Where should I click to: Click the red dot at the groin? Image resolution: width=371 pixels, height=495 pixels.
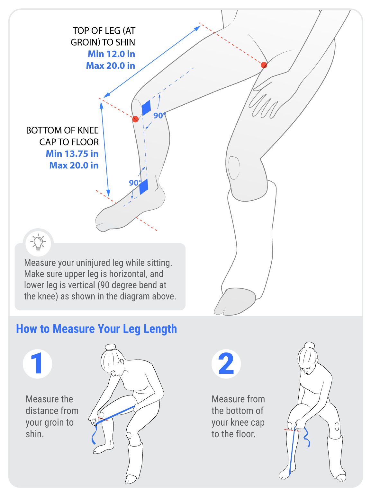(x=264, y=65)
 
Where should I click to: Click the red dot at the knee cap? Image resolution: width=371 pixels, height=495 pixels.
(x=136, y=119)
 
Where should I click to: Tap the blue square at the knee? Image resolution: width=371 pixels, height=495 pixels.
(x=146, y=108)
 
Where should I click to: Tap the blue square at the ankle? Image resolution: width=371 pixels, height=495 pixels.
(x=144, y=187)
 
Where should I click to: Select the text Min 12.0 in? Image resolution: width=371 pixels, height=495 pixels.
(x=111, y=54)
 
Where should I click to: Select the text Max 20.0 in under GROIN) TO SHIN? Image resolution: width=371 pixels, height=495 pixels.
(x=110, y=65)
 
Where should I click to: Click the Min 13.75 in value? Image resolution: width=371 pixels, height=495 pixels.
(x=72, y=154)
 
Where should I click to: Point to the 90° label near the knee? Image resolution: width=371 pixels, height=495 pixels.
(x=159, y=116)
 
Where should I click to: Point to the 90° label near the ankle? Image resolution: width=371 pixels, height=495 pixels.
(x=135, y=183)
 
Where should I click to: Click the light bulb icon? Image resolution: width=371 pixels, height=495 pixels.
(x=38, y=242)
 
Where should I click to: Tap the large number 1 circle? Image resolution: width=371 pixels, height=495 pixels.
(x=38, y=364)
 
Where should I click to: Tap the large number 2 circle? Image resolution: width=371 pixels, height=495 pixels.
(x=226, y=364)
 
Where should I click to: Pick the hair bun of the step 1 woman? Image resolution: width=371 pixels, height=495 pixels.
(x=110, y=347)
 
